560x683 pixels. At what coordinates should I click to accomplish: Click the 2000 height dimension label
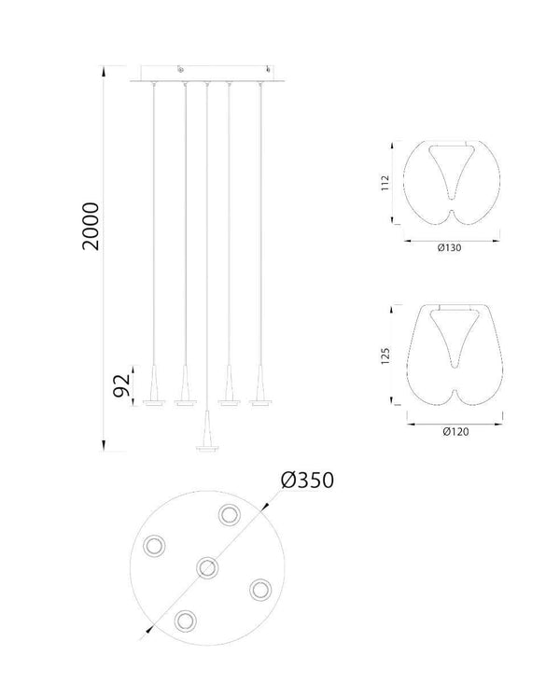(x=91, y=226)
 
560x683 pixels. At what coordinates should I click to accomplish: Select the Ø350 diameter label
(x=308, y=480)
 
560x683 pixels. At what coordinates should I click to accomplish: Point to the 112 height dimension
(x=385, y=183)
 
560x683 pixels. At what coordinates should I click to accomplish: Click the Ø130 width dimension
(x=449, y=248)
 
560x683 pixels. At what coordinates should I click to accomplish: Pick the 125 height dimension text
(x=385, y=355)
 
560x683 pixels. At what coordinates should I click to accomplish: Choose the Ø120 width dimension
(x=455, y=431)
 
